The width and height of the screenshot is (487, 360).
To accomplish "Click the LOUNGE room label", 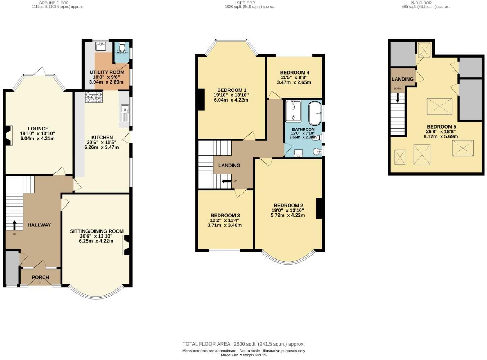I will (x=38, y=129).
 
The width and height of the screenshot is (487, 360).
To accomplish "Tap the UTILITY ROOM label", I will (x=107, y=72).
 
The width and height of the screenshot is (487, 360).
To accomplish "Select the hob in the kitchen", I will (x=94, y=97).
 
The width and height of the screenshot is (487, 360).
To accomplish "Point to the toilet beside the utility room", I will (x=122, y=47).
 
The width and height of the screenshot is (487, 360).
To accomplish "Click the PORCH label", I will (x=40, y=277).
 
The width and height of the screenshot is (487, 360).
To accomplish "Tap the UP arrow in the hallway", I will (x=15, y=225).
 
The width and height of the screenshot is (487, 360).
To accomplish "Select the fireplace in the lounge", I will (x=9, y=136).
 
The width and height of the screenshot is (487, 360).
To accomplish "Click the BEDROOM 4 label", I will (x=294, y=72).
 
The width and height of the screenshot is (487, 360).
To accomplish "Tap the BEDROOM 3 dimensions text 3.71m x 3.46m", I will (x=224, y=225).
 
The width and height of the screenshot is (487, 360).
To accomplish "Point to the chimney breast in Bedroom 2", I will (x=319, y=208).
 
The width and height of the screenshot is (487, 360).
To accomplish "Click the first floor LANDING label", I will (x=229, y=166).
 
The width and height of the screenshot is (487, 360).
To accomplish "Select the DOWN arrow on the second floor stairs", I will (x=398, y=97).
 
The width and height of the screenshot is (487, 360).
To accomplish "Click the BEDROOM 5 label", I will (x=441, y=127).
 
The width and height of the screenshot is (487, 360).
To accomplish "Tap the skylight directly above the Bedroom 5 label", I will (x=439, y=107).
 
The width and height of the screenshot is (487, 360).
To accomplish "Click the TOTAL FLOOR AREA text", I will (x=243, y=344).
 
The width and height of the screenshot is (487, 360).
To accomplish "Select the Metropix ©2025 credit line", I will (x=243, y=355).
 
